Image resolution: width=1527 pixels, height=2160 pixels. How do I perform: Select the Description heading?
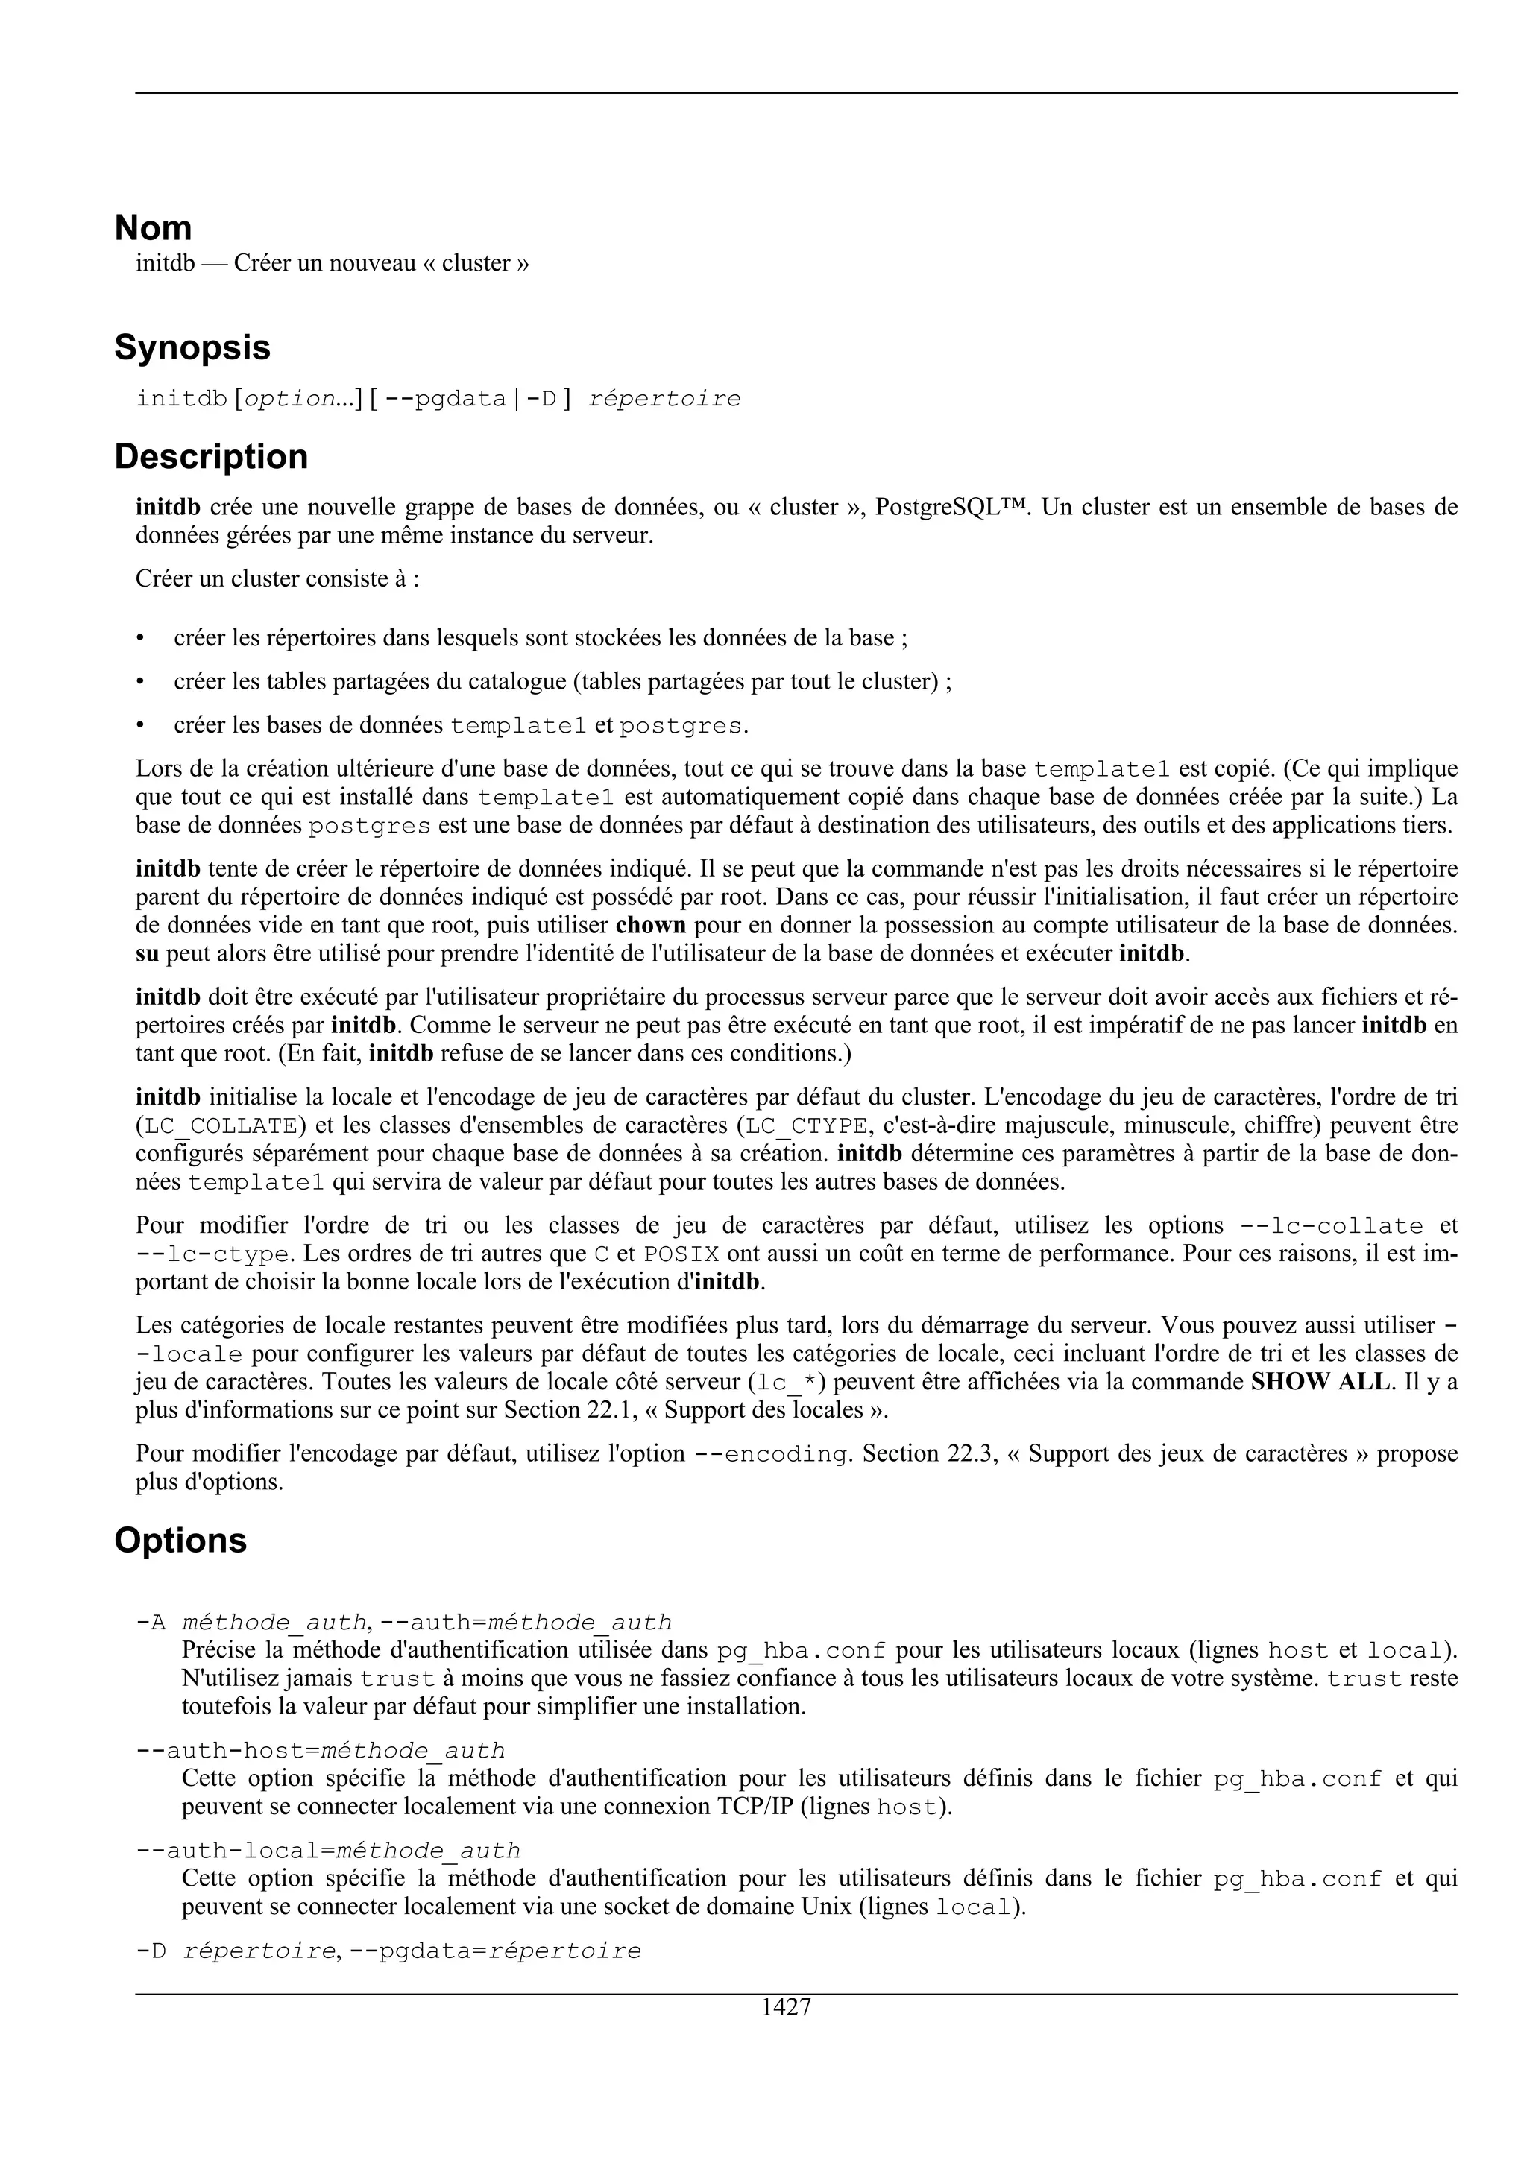[211, 457]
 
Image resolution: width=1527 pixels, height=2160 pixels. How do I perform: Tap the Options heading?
[180, 1541]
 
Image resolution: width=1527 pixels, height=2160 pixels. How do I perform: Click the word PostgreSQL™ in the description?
[949, 508]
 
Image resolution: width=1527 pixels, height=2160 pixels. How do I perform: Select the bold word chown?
[650, 926]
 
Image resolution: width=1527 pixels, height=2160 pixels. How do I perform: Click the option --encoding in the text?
[772, 1454]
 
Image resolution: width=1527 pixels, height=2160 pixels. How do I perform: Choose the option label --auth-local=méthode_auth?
[327, 1851]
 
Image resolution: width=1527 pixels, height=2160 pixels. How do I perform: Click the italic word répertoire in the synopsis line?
[664, 400]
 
